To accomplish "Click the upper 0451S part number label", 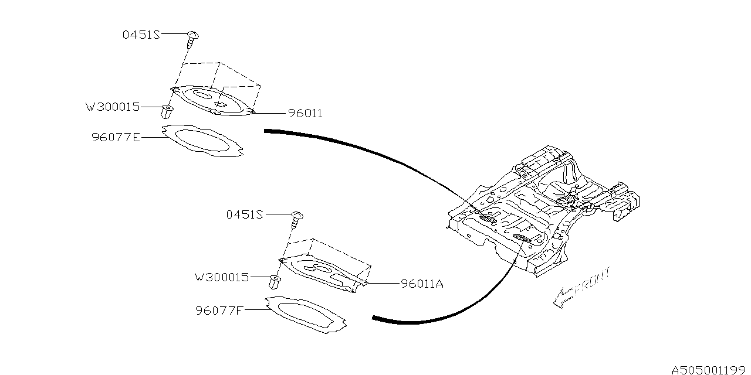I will click(x=141, y=35).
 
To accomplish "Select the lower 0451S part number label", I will click(x=245, y=214).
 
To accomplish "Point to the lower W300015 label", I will click(x=222, y=277).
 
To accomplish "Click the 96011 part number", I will click(x=305, y=113).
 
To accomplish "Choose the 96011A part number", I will click(x=422, y=284).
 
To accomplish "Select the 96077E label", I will click(x=116, y=138).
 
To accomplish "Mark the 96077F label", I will click(x=219, y=310).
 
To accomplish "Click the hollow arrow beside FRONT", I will click(x=562, y=298).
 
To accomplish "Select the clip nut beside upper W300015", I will click(x=166, y=111).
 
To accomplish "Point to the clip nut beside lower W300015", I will click(x=273, y=282).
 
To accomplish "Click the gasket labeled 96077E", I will click(x=203, y=141).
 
